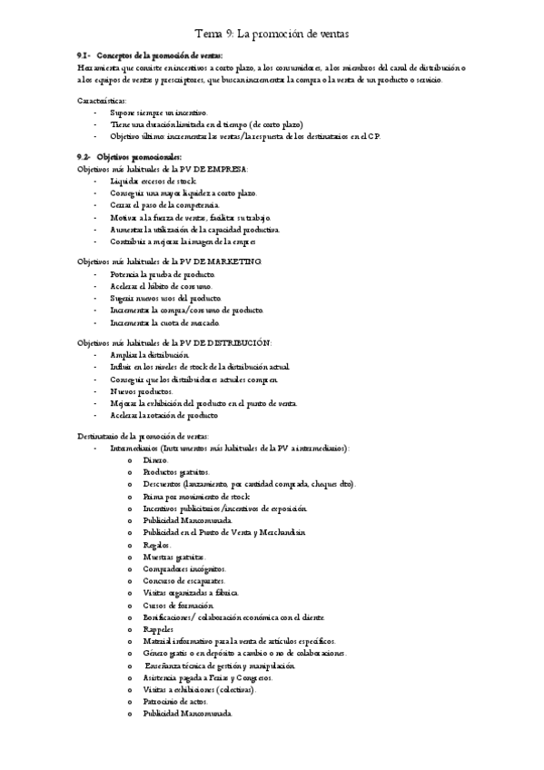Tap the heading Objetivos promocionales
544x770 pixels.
point(139,157)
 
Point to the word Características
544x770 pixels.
point(103,99)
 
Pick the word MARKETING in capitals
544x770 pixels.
point(232,262)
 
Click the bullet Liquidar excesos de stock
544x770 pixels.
point(152,182)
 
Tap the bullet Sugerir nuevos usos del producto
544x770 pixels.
point(165,298)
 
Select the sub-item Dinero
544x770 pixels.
point(155,460)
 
